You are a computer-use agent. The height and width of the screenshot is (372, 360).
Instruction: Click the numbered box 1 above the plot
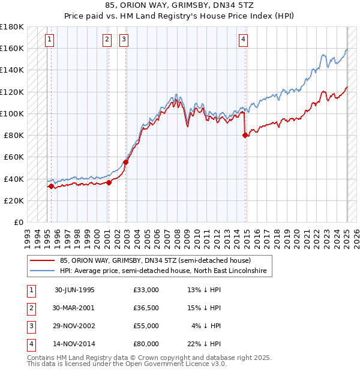(49, 40)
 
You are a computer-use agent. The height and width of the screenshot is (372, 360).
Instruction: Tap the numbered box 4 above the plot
(244, 40)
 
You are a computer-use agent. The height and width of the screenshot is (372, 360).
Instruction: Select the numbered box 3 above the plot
(124, 40)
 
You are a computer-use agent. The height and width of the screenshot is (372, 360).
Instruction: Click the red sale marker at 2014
(245, 136)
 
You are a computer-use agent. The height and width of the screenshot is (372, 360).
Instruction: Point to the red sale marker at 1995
(51, 187)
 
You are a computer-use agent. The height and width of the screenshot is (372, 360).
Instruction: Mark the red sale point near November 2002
(126, 162)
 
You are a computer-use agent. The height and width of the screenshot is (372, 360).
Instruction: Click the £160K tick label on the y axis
(12, 48)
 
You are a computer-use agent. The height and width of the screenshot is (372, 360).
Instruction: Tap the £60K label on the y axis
(14, 157)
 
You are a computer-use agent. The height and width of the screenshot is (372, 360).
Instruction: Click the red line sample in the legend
(43, 260)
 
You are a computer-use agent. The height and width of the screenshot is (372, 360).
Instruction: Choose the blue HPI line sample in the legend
(43, 271)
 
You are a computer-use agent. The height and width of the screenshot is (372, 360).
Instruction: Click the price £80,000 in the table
(146, 344)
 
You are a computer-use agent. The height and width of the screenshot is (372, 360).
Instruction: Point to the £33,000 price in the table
(146, 290)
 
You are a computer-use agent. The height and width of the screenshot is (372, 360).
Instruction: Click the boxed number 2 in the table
(30, 308)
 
